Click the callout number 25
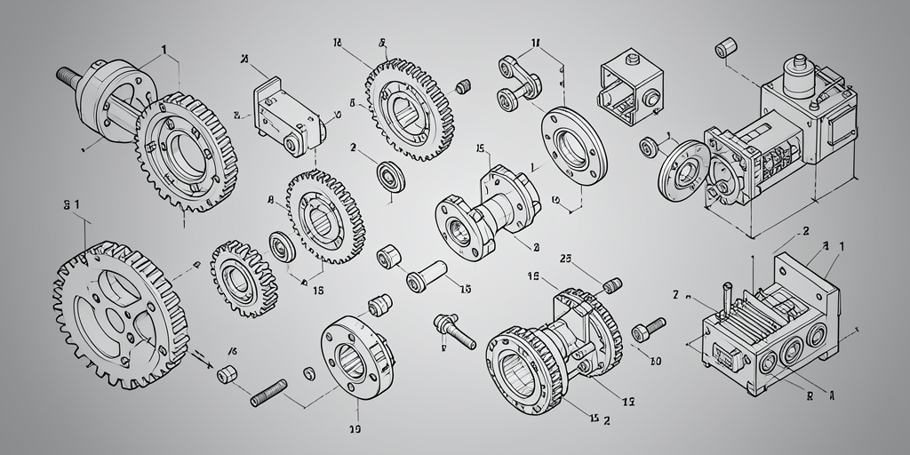[565, 259]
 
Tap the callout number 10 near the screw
[656, 362]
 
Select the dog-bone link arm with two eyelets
[517, 79]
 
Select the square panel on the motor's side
[840, 130]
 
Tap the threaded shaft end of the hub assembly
[68, 76]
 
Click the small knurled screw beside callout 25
[611, 286]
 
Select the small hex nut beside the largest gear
[227, 372]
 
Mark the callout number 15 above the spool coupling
[481, 148]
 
